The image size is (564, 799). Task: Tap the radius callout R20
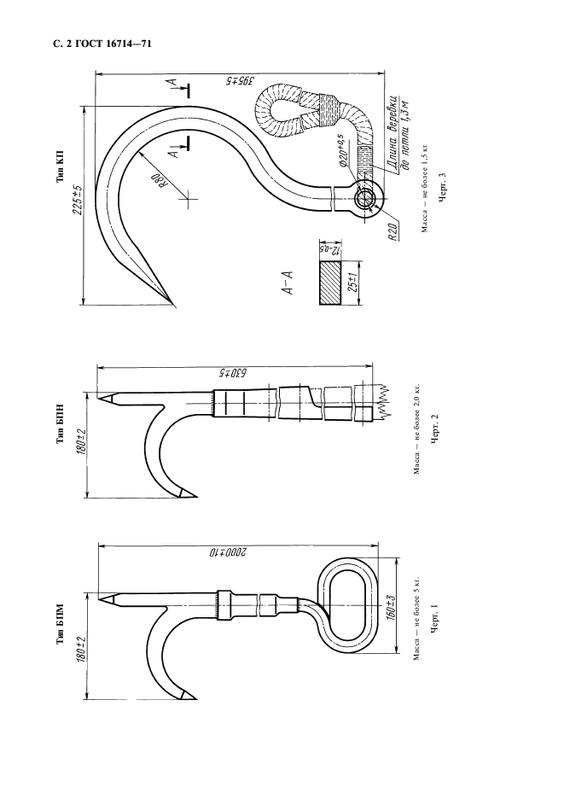click(392, 233)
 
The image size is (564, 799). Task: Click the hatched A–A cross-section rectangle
click(329, 283)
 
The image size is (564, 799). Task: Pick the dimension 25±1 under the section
click(352, 283)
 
